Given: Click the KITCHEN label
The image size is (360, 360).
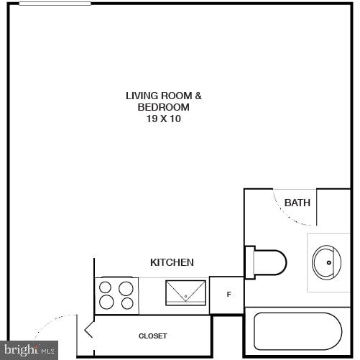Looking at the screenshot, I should [x=172, y=262].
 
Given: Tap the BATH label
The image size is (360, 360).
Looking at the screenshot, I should [x=297, y=203].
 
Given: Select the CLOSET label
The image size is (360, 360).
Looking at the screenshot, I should [x=152, y=336].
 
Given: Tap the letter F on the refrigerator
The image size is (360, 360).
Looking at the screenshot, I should [x=229, y=295].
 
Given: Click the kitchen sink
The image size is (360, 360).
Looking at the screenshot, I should [x=186, y=292].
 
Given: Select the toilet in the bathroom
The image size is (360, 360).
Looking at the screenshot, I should [x=269, y=262].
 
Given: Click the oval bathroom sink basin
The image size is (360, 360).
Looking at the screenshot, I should [x=327, y=262].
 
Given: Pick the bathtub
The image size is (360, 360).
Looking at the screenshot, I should [x=297, y=331].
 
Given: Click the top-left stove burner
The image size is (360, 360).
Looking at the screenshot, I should [x=106, y=289].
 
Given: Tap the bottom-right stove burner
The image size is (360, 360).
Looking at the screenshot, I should [x=126, y=303].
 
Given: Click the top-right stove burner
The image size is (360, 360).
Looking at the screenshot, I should [x=126, y=289].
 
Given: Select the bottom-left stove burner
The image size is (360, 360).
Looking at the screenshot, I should [x=106, y=303].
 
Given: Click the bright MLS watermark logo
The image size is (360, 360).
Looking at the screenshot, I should [x=29, y=350].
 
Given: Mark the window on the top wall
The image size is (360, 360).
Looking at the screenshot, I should [x=55, y=4].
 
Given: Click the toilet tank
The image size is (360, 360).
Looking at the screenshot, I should [x=249, y=262].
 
